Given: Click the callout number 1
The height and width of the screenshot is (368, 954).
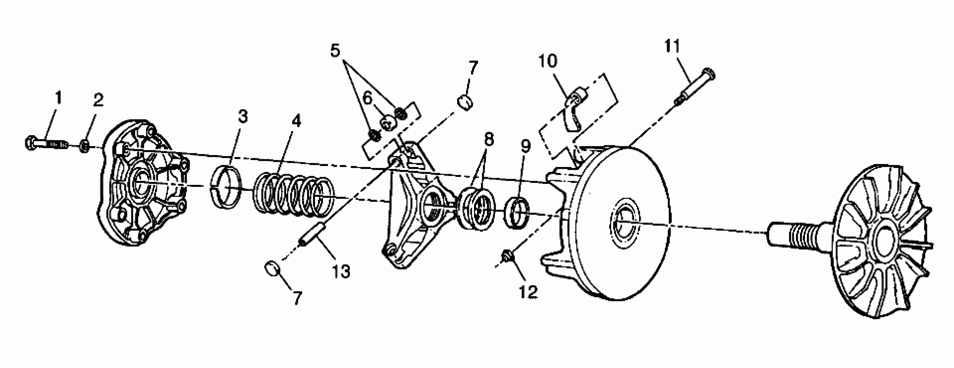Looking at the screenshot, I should click(58, 98).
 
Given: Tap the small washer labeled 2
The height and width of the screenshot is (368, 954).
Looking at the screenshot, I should click(84, 146).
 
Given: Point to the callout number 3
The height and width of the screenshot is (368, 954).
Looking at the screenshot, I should click(243, 116).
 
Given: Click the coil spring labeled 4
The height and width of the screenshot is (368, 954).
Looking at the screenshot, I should click(292, 193).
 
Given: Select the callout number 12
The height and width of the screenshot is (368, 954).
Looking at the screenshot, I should click(528, 292).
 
